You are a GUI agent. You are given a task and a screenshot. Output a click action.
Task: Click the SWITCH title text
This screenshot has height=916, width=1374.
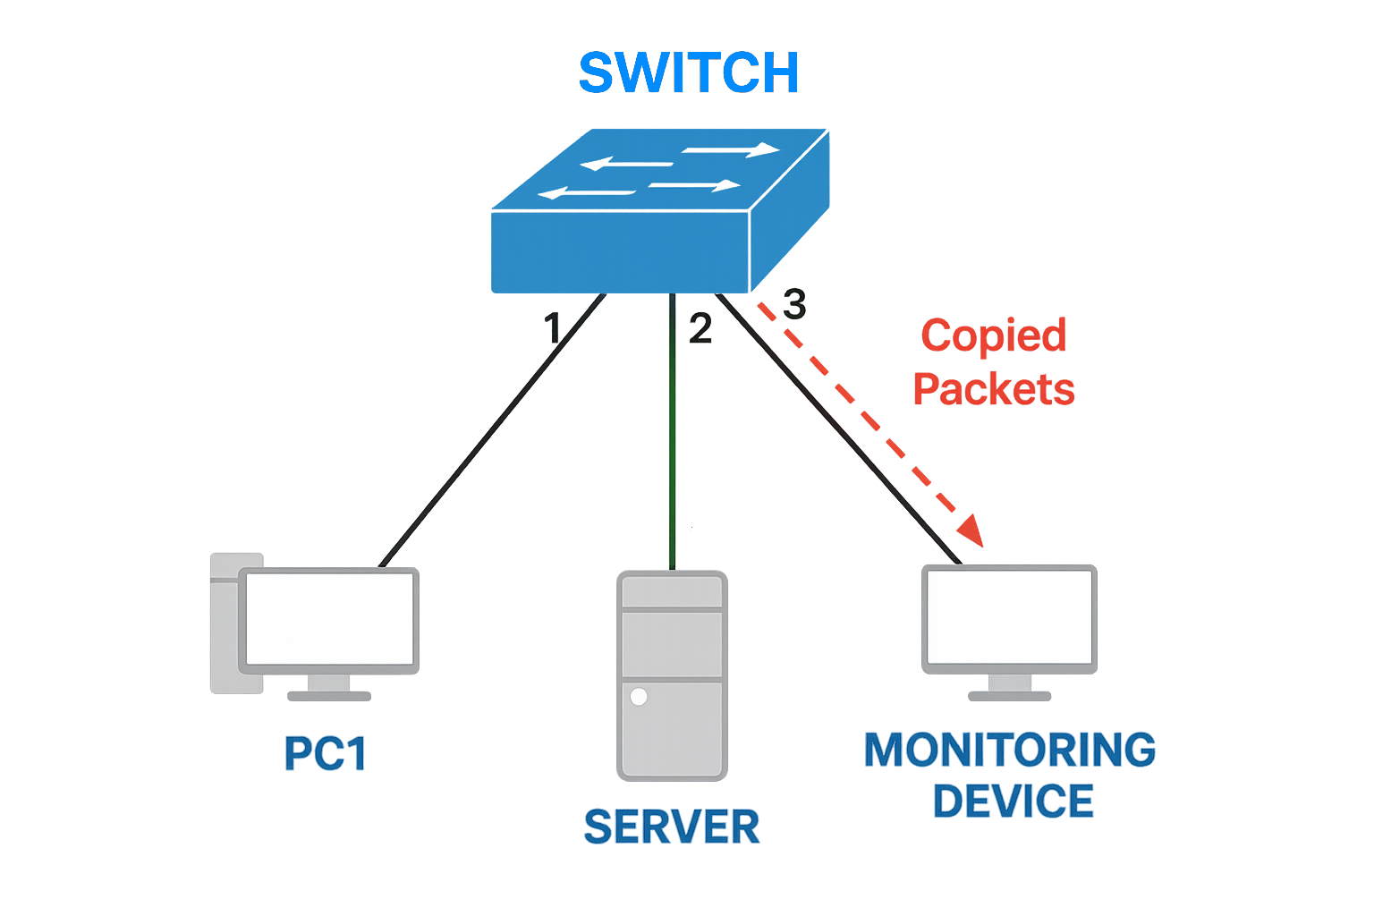point(688,72)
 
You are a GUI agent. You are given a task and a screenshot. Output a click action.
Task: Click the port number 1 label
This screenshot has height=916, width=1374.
point(553,328)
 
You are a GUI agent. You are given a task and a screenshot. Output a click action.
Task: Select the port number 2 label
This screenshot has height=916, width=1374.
point(700,328)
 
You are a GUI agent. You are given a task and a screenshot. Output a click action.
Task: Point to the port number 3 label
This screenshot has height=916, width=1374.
point(794,304)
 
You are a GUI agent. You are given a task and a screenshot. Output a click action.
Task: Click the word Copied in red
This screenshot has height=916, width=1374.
point(993,336)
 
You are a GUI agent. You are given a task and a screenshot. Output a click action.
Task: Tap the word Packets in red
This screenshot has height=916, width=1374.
point(993,389)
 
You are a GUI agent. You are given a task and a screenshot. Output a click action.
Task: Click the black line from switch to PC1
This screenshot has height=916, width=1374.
point(492,429)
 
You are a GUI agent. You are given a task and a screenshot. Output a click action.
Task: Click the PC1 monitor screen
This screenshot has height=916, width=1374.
point(329,618)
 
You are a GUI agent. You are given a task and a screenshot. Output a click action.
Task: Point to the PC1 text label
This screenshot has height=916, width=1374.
point(326,753)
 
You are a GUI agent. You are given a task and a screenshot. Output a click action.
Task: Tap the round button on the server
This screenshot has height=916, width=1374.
point(639,697)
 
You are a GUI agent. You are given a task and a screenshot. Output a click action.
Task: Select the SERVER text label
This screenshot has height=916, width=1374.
point(672,827)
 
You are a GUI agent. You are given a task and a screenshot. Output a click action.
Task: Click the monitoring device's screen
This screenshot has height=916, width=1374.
point(1009,616)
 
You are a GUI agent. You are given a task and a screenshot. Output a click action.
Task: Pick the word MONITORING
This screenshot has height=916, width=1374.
point(1009,750)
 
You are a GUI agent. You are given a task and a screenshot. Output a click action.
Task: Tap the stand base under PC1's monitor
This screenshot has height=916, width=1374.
point(329,696)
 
